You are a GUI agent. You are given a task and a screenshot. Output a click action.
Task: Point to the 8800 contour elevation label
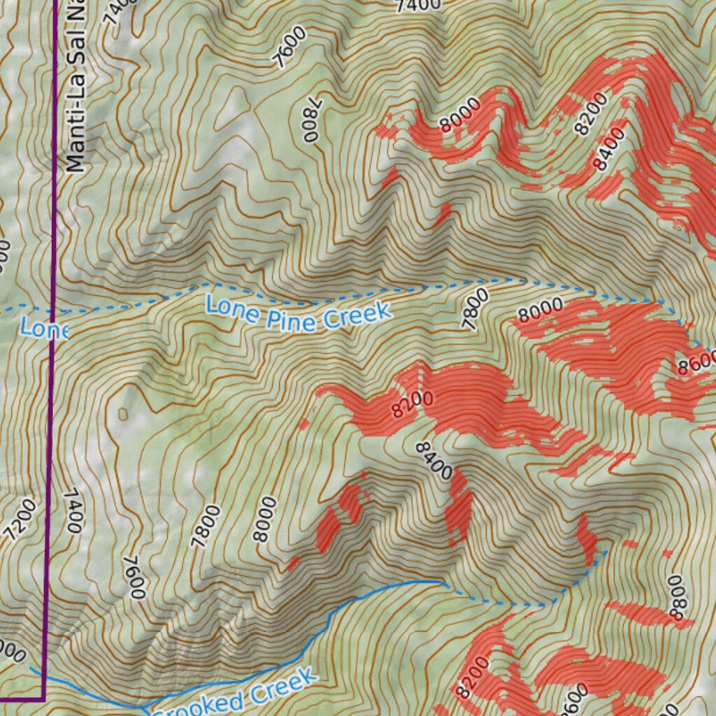[675, 597]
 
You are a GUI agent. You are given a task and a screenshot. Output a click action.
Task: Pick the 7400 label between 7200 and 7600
[73, 511]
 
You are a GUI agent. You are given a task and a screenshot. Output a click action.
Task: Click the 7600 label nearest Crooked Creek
[134, 578]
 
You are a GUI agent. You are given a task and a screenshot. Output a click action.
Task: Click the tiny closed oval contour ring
[124, 414]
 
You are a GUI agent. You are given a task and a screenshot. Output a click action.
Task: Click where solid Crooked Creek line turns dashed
[443, 582]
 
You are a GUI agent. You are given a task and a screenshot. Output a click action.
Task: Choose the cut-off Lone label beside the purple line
[43, 328]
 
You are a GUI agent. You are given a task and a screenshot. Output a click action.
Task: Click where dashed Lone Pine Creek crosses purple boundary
[53, 310]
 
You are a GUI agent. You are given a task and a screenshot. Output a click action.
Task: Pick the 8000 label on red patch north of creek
[461, 115]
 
